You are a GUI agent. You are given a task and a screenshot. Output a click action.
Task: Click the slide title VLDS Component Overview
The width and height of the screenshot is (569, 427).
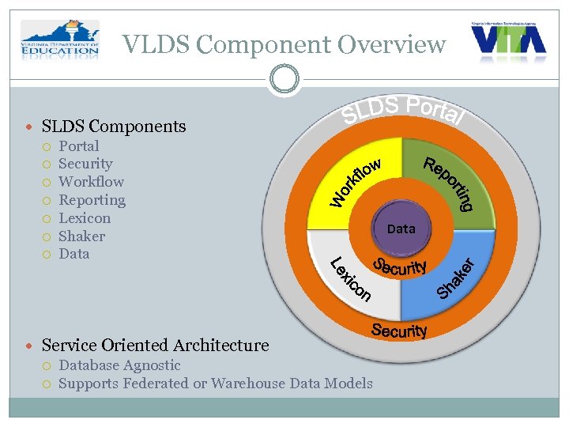tap(284, 45)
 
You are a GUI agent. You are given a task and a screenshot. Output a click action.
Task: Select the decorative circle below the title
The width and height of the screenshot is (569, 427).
tap(284, 80)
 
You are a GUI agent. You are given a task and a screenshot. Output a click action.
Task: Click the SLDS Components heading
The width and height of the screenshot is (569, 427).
tap(113, 127)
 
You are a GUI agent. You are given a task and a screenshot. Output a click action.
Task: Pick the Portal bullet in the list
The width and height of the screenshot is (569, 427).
tap(78, 146)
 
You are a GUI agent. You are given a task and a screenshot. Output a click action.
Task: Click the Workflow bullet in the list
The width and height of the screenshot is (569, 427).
tap(91, 182)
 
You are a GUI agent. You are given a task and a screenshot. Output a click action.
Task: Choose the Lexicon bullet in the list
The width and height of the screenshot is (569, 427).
tap(85, 218)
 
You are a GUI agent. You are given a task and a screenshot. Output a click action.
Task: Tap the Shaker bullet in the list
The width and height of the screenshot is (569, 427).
tap(81, 236)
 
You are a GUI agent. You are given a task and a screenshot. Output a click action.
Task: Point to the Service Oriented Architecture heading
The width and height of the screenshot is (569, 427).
tap(155, 346)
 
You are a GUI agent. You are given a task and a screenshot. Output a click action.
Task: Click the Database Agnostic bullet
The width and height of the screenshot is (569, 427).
tap(119, 365)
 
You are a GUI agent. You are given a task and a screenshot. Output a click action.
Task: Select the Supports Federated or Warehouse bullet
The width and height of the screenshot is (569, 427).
tap(215, 384)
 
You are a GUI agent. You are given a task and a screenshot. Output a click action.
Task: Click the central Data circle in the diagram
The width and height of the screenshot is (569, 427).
tap(401, 229)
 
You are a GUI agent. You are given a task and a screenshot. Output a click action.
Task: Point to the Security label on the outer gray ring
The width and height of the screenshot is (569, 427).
tap(399, 331)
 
